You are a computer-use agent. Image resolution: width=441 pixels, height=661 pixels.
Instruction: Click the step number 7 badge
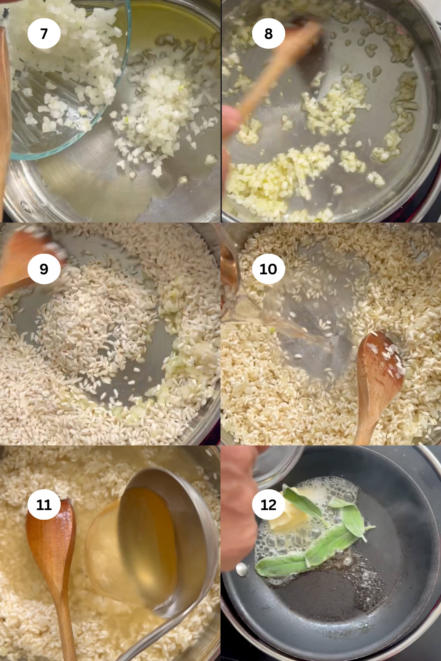click(44, 33)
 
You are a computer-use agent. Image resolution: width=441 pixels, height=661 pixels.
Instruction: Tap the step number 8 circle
click(268, 33)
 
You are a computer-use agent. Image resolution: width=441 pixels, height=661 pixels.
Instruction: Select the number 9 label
click(44, 269)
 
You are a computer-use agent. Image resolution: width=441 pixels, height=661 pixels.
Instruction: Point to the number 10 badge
click(268, 269)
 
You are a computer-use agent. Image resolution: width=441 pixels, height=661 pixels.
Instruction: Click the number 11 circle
click(44, 504)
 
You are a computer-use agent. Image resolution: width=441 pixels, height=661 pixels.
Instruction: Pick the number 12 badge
click(268, 504)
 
